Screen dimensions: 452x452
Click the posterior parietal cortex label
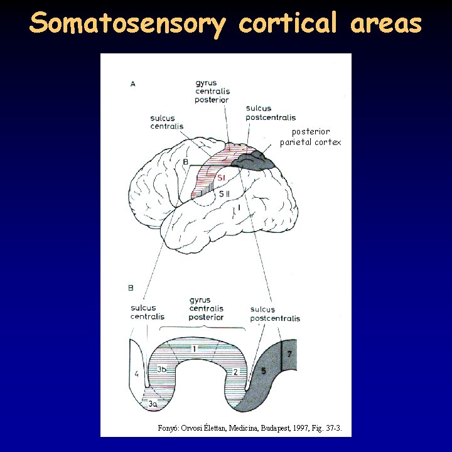tap(311, 137)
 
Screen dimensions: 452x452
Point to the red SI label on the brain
tap(222, 178)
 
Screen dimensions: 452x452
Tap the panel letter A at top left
tap(132, 83)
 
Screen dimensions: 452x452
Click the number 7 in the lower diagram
tap(289, 354)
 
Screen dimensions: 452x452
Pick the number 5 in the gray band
tap(264, 371)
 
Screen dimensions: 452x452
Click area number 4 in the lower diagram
tap(136, 374)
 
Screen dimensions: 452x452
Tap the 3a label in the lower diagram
tap(153, 405)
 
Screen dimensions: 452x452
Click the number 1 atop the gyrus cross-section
tap(195, 348)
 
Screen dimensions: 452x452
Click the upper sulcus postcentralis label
tap(271, 113)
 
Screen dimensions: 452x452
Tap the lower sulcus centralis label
tap(148, 312)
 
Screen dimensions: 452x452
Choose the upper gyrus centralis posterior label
tap(212, 91)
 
